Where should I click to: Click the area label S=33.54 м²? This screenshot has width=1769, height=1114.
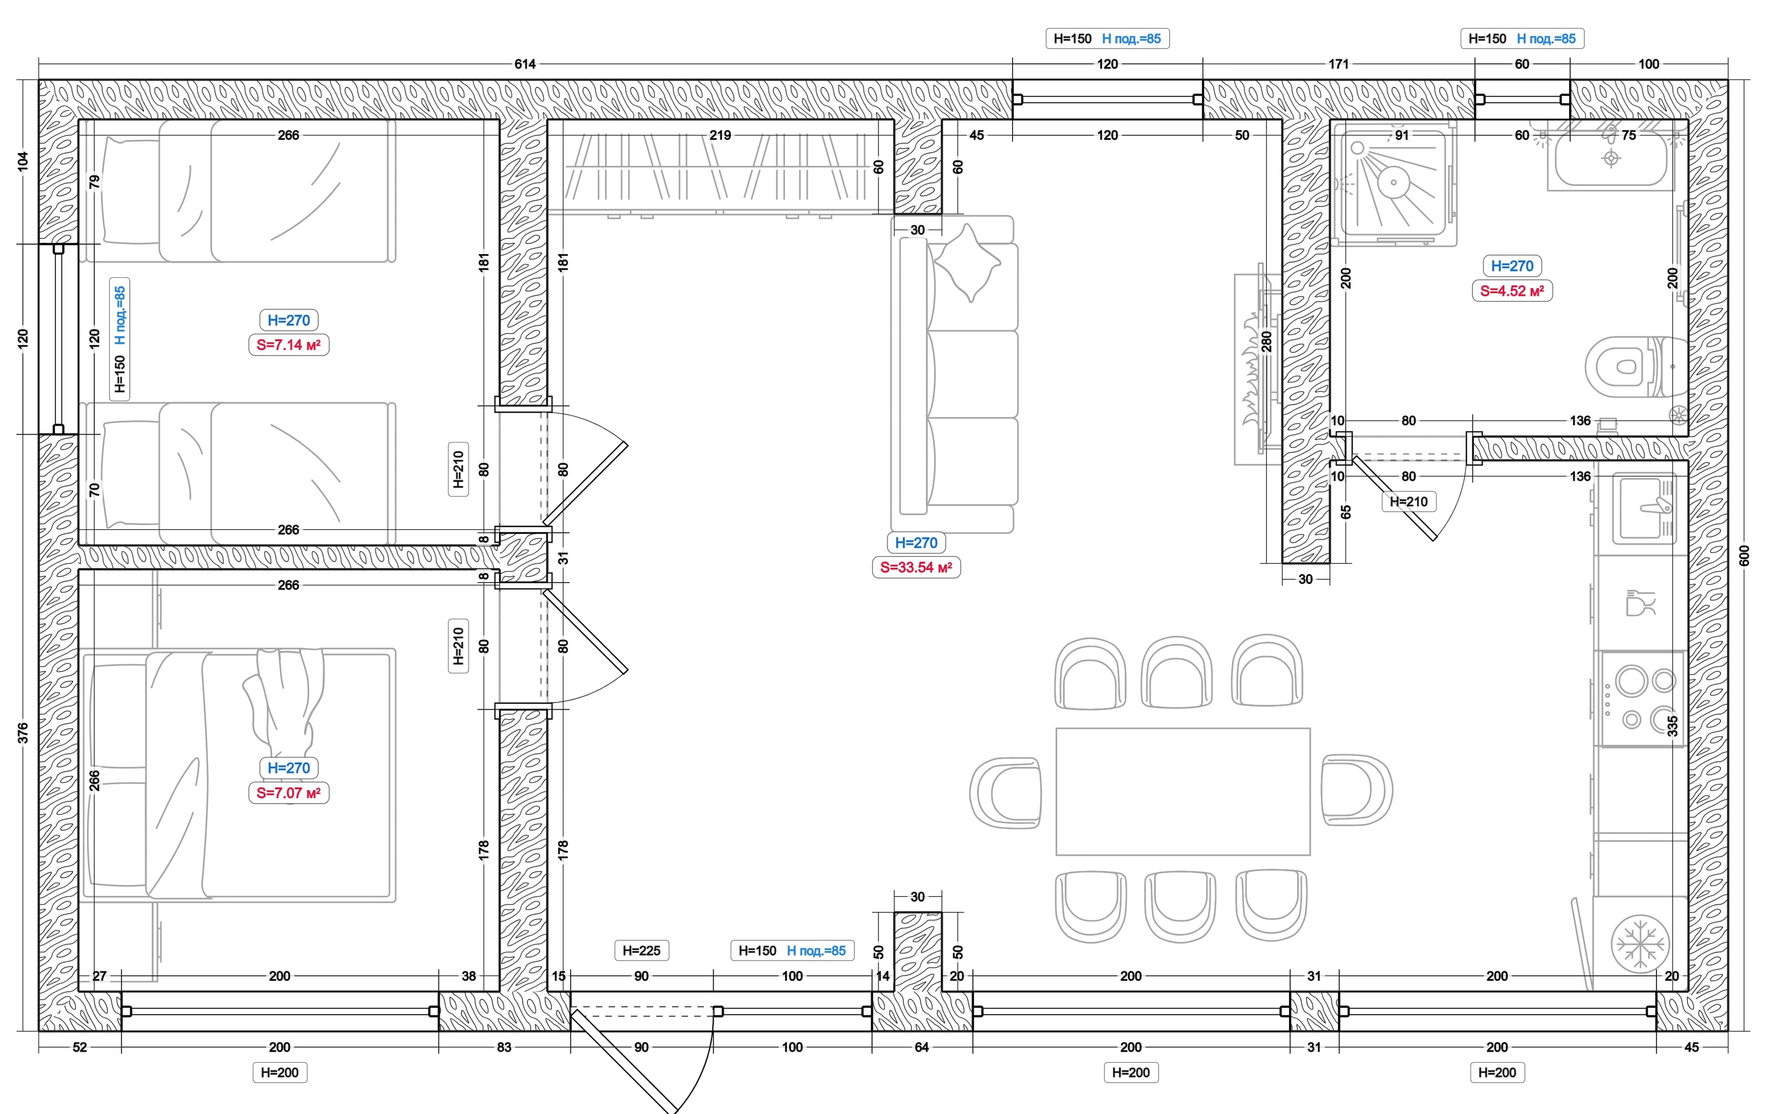click(916, 567)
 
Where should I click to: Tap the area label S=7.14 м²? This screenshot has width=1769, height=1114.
click(289, 344)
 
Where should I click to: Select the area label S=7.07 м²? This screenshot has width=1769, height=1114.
click(289, 793)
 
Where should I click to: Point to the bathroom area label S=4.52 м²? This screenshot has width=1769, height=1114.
click(1512, 291)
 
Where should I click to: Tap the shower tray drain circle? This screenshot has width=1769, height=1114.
click(1393, 181)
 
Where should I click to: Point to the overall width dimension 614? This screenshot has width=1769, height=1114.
click(525, 64)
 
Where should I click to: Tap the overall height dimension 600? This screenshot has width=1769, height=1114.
click(1744, 555)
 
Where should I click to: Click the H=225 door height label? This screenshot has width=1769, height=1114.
click(641, 950)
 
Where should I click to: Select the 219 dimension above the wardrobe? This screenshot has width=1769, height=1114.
click(720, 135)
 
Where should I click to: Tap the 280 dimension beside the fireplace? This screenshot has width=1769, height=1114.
click(1266, 341)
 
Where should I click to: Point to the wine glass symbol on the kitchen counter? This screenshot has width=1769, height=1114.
click(1640, 602)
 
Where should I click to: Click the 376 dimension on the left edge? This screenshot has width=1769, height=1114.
click(23, 732)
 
